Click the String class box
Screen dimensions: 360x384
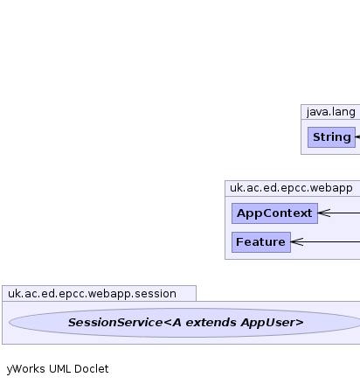tap(331, 137)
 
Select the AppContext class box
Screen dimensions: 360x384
tap(274, 213)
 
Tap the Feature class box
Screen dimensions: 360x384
tap(261, 242)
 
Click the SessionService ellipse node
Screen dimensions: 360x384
tap(185, 323)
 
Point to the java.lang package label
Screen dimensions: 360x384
tap(331, 112)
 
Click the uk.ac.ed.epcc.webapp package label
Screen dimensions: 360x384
tap(291, 188)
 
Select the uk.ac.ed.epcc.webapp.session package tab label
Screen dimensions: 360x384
tap(92, 294)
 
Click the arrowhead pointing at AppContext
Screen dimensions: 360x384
tap(324, 213)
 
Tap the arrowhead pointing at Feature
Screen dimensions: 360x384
tap(297, 241)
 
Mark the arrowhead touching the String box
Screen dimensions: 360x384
tap(357, 136)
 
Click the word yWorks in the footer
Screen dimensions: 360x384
tap(26, 369)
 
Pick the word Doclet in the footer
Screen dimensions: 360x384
tap(92, 369)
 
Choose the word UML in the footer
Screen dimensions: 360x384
tap(60, 369)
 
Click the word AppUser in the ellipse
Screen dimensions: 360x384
tap(273, 323)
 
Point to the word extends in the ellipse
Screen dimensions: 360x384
tap(211, 323)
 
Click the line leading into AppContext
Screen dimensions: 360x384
tap(339, 213)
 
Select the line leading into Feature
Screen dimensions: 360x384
tap(325, 241)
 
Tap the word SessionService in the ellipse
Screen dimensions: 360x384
tap(115, 323)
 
